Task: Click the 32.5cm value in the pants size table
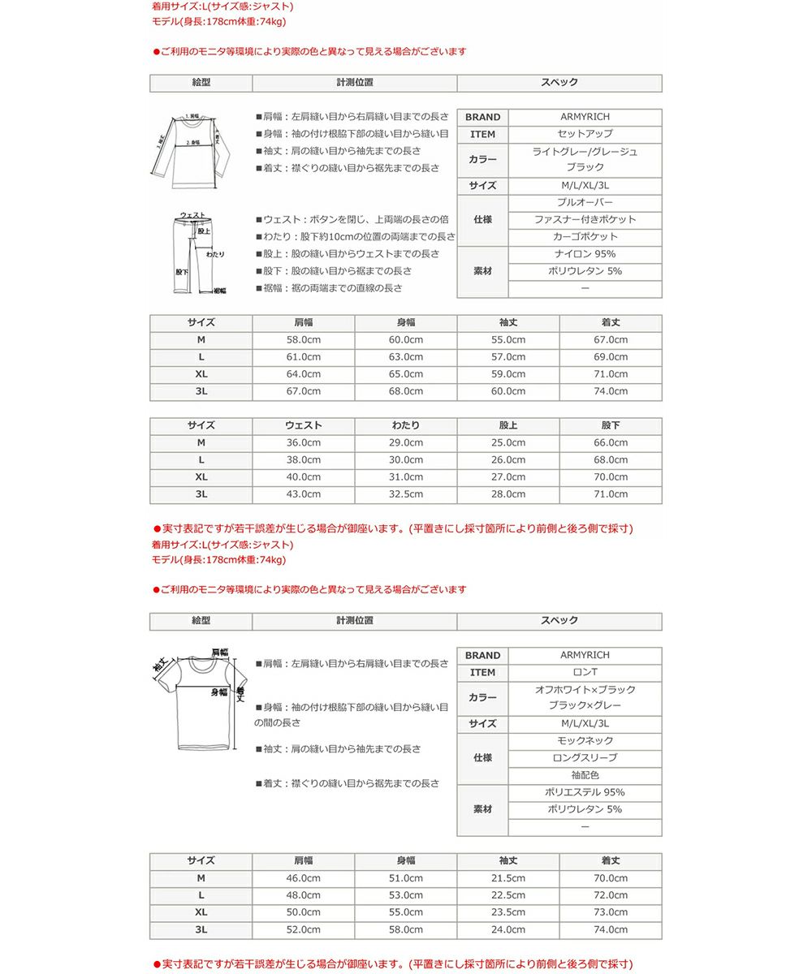(x=406, y=493)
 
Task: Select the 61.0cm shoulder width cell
(x=303, y=357)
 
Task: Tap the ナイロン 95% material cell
(x=585, y=254)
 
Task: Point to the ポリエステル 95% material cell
(x=585, y=792)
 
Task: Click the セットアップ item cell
(x=585, y=134)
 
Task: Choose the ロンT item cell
(x=585, y=672)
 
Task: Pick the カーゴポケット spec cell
(x=585, y=237)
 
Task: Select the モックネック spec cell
(x=585, y=741)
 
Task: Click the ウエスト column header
(x=303, y=425)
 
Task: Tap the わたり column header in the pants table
(x=406, y=425)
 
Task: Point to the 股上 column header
(x=508, y=425)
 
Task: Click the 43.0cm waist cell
(x=303, y=493)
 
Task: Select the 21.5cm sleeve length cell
(x=508, y=878)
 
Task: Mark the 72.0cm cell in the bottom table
(x=611, y=895)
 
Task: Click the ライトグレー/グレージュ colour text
(x=585, y=152)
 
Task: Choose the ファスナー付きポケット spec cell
(x=585, y=220)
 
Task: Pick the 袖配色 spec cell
(x=585, y=775)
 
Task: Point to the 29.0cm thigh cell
(x=406, y=442)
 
